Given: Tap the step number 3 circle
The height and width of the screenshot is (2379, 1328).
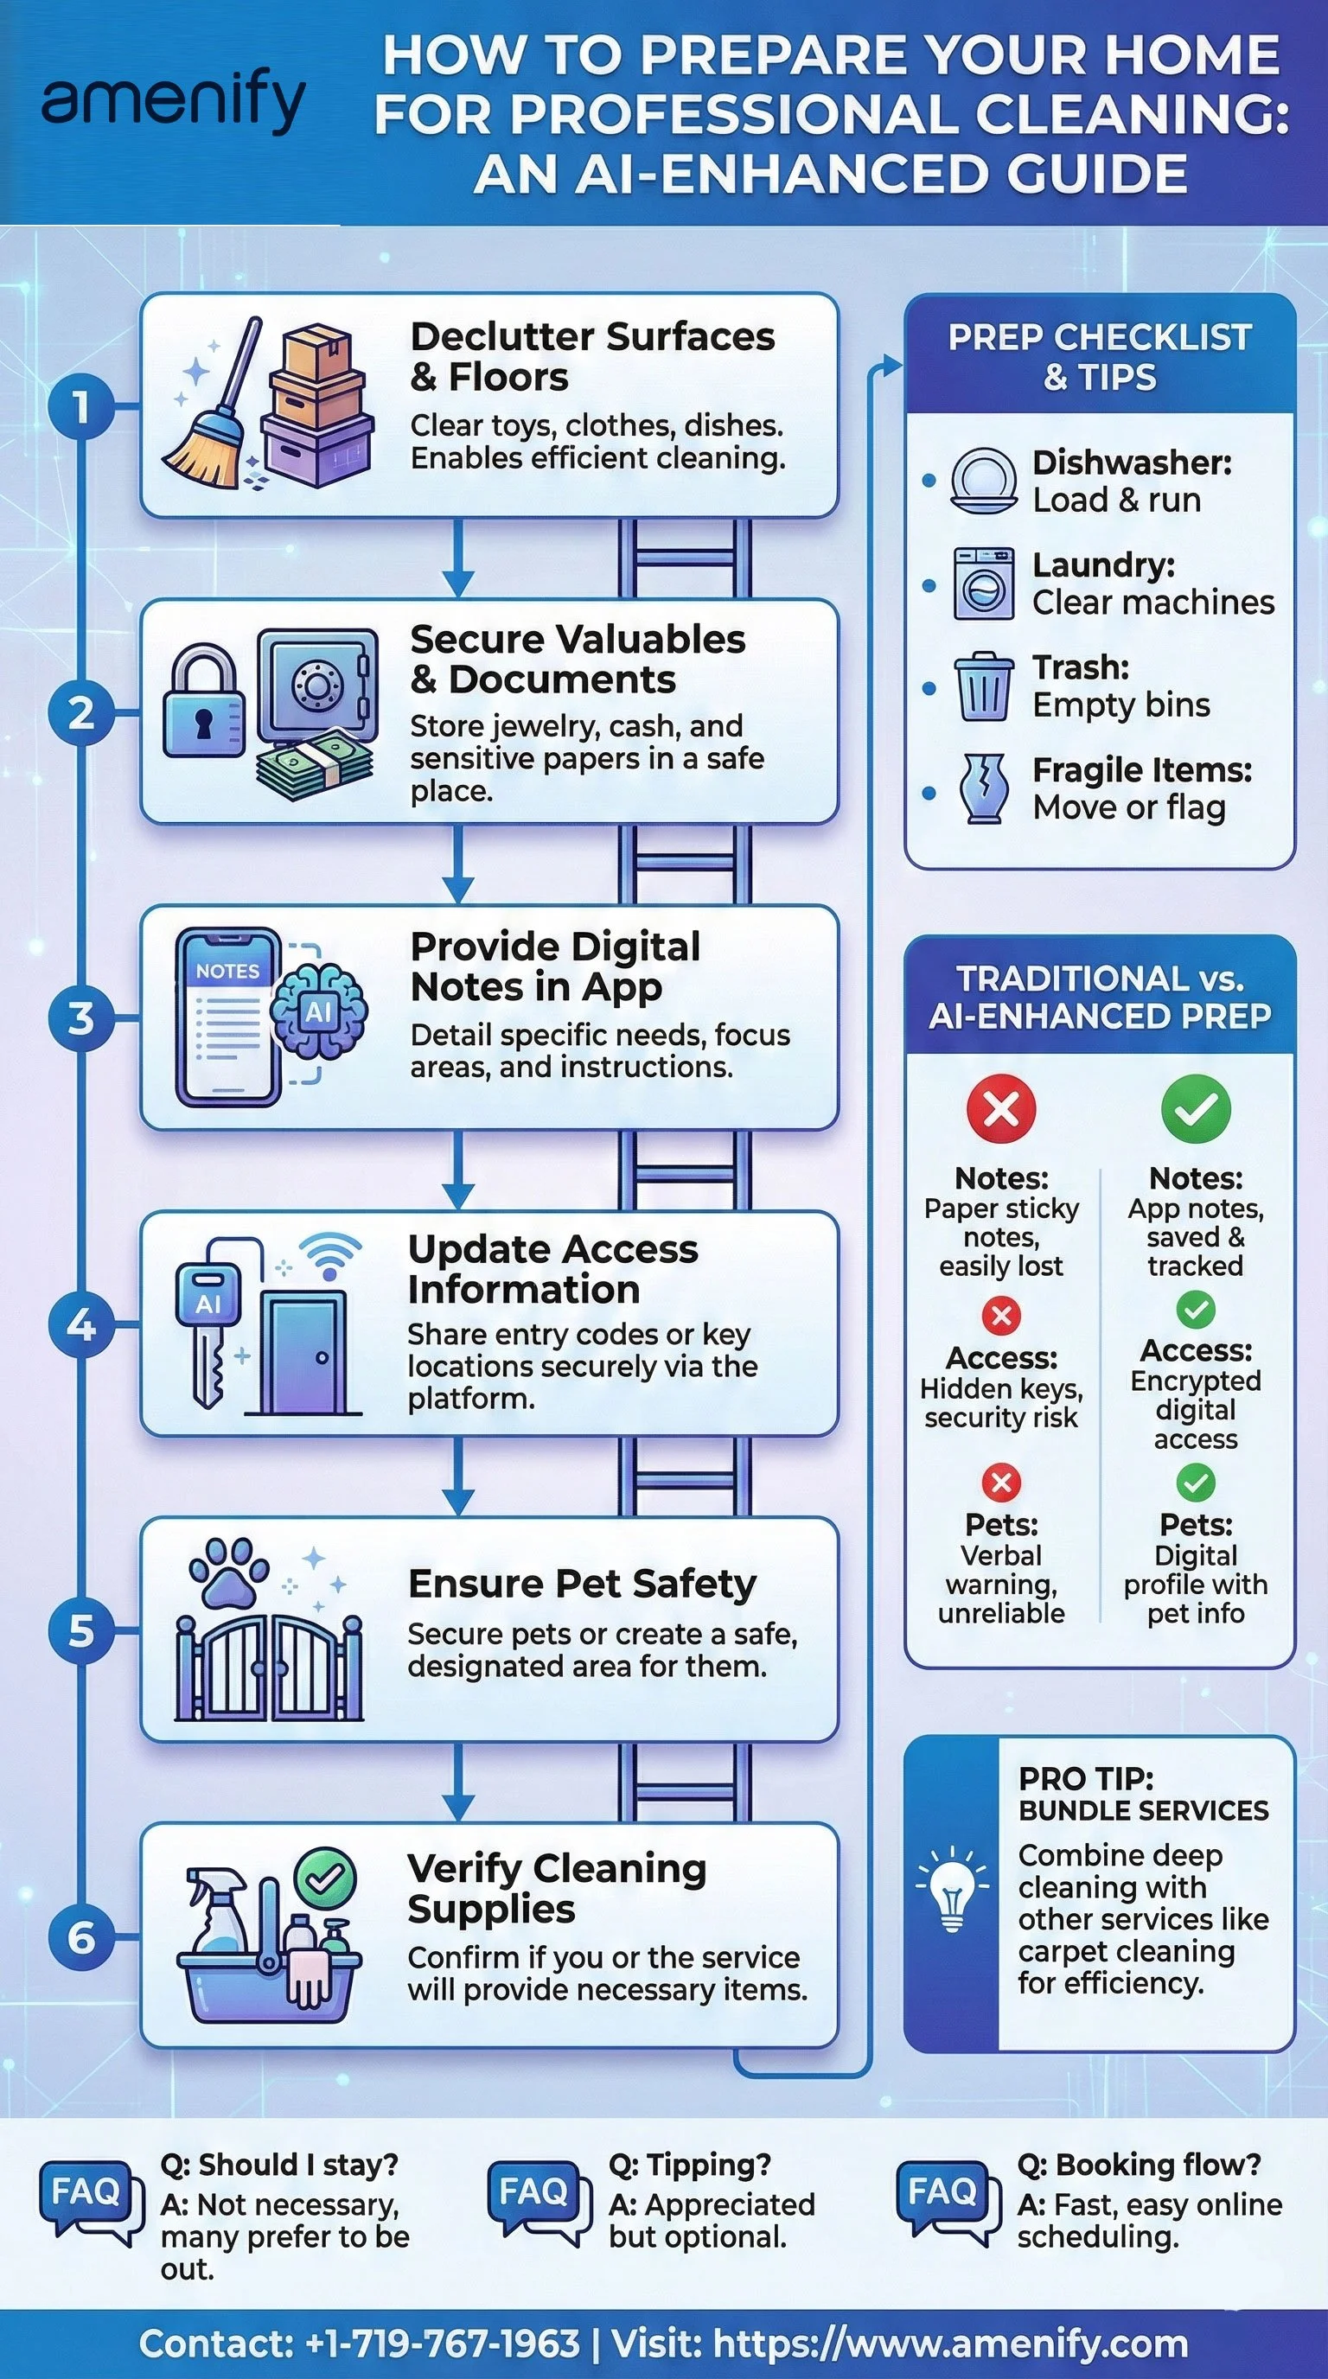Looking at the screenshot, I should coord(81,1018).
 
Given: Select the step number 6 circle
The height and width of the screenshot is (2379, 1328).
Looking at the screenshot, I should coord(81,1936).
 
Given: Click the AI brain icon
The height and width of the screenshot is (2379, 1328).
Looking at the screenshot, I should coord(320,1012).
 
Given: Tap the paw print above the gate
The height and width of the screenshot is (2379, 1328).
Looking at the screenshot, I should coord(228,1571).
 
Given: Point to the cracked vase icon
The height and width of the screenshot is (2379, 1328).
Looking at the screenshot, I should coord(983,788).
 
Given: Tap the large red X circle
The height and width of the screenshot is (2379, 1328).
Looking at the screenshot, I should coord(1001,1108).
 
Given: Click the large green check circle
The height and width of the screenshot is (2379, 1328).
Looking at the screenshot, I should coord(1195,1108).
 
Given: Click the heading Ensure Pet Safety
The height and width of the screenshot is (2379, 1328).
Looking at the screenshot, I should coord(582,1584).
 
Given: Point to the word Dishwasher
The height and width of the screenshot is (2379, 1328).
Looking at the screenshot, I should coord(1131,462).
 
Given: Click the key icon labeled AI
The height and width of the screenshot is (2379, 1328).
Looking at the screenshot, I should coord(208,1321).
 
